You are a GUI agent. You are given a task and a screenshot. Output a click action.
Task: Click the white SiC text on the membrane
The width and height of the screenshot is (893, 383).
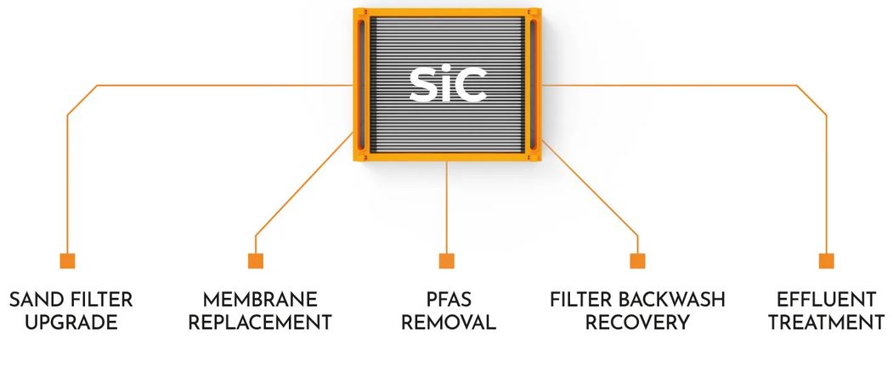(x=447, y=82)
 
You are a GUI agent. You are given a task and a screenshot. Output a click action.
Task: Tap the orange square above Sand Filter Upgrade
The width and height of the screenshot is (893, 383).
(x=67, y=261)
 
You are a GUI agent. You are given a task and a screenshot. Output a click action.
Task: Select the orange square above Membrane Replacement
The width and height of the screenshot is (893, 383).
(x=256, y=261)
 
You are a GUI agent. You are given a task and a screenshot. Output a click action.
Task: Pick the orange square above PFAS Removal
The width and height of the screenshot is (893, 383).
(x=447, y=261)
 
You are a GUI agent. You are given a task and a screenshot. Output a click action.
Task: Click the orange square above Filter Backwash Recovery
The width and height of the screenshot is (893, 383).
(x=637, y=261)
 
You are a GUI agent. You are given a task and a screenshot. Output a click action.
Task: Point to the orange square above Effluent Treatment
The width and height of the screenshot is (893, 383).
(x=826, y=261)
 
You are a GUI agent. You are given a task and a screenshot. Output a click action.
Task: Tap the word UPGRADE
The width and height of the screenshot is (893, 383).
(x=71, y=323)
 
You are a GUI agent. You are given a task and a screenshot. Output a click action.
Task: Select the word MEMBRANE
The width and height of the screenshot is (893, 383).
(x=260, y=300)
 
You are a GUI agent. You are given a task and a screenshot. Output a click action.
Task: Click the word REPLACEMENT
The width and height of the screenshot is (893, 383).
(x=260, y=323)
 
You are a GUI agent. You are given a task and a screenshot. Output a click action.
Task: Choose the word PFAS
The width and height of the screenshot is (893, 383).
(x=448, y=300)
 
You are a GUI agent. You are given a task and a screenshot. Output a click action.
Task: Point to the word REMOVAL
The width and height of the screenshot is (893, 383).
(x=448, y=323)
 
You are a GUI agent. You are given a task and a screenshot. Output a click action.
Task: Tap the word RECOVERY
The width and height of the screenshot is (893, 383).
(x=637, y=323)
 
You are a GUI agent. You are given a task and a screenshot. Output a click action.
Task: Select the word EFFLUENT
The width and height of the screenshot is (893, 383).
(x=826, y=300)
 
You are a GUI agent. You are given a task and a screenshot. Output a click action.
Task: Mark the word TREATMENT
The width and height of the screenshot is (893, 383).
(x=826, y=323)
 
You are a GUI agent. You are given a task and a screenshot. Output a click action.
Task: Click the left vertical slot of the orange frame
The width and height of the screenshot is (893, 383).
(x=362, y=83)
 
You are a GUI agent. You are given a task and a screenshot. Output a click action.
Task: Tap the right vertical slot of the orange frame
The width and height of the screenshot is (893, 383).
(x=534, y=83)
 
